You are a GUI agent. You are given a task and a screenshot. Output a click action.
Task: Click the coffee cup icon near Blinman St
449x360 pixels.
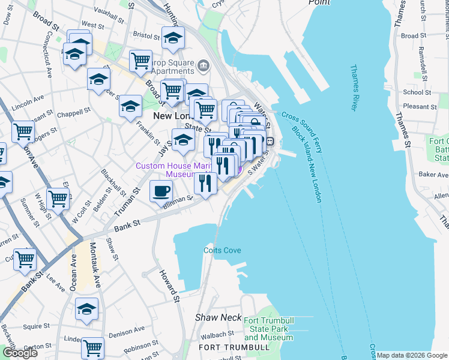(161, 191)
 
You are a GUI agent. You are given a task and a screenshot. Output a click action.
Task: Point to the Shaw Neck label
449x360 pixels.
(218, 317)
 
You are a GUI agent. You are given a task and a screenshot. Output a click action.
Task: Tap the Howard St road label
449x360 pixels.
(169, 286)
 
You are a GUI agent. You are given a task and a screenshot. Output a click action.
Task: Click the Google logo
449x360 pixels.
(20, 352)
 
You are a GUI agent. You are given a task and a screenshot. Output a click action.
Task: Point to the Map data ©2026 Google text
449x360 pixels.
(411, 355)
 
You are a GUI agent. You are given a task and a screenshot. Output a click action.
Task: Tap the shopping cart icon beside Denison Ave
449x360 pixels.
(92, 347)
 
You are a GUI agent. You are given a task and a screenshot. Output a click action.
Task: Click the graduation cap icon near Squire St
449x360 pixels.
(87, 309)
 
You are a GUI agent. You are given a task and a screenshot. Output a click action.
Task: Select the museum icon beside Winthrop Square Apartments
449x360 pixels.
(203, 64)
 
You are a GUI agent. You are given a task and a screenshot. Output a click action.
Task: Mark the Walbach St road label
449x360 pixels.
(217, 334)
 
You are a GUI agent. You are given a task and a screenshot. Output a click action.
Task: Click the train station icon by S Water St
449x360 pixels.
(270, 142)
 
